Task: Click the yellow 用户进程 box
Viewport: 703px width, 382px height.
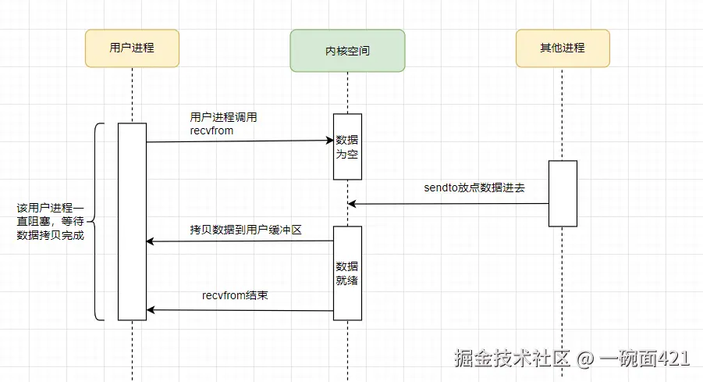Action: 132,48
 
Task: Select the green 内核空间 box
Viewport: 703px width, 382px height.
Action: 347,51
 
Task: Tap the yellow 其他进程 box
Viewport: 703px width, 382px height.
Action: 562,48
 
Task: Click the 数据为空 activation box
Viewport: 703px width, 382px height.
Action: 347,147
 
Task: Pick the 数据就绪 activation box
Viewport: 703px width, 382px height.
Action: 347,273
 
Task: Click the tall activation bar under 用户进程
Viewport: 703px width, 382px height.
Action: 132,221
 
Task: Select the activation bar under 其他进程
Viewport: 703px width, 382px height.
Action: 562,193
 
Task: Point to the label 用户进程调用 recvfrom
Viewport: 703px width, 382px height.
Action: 223,124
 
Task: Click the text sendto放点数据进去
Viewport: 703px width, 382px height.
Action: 474,187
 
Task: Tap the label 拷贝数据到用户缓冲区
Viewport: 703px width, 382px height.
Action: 245,230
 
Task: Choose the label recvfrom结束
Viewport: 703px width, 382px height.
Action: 236,296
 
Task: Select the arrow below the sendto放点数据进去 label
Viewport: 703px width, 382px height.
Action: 448,204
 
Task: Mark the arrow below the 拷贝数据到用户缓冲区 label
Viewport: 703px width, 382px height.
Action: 240,241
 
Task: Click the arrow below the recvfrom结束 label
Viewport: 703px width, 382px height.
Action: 240,310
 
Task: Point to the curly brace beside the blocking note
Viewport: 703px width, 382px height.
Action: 97,221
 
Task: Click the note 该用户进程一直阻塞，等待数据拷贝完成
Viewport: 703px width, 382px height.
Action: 49,221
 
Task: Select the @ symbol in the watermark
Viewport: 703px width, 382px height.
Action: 585,359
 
